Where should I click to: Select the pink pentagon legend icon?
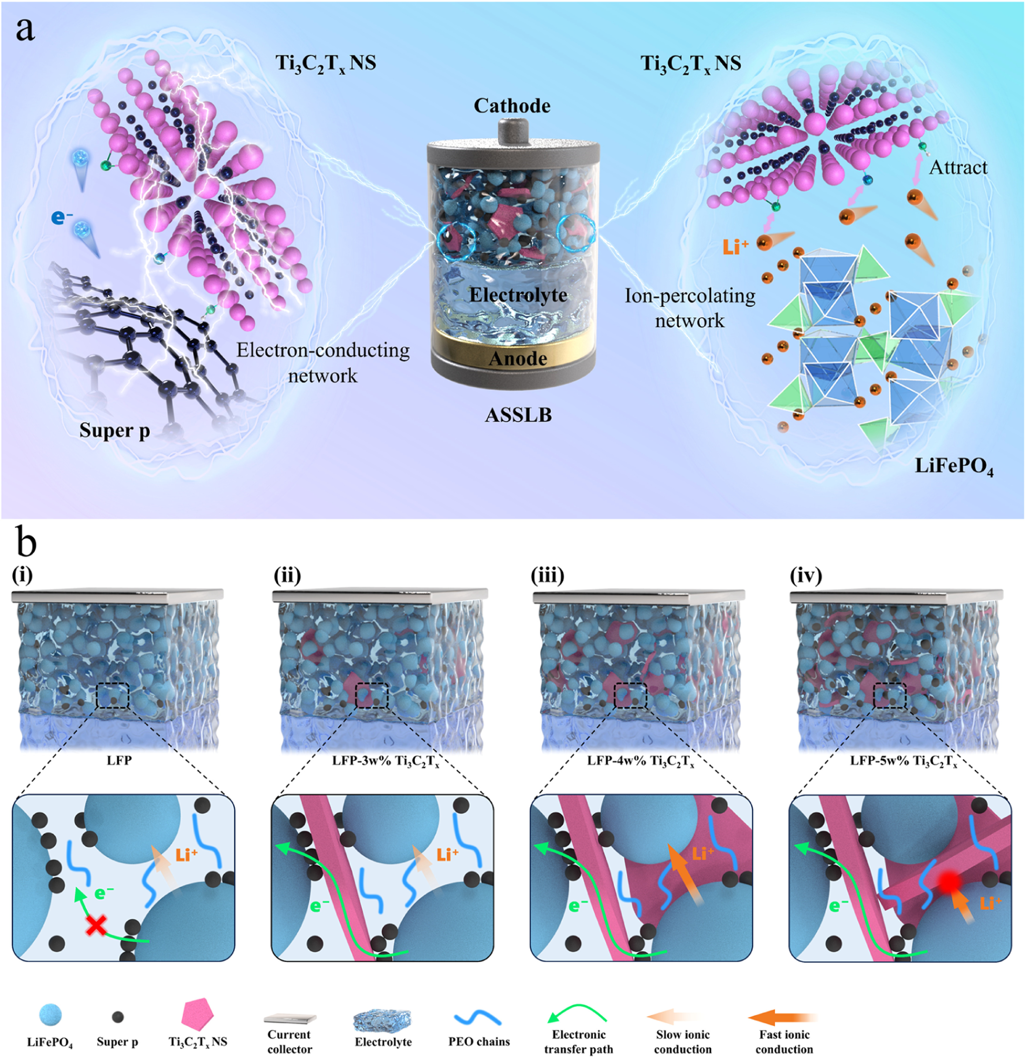[x=198, y=1016]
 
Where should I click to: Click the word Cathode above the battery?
[x=512, y=106]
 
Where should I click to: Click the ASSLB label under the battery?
[x=518, y=415]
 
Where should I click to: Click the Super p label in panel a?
[x=114, y=430]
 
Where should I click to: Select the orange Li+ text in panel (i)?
[x=186, y=854]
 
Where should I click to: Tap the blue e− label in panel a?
[x=62, y=217]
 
